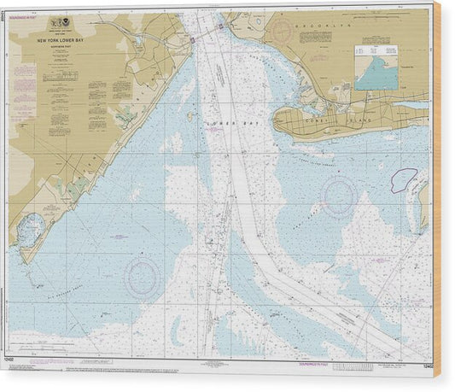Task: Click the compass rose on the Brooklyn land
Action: [282, 32]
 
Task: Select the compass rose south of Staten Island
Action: [141, 277]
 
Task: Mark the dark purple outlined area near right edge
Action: [404, 179]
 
